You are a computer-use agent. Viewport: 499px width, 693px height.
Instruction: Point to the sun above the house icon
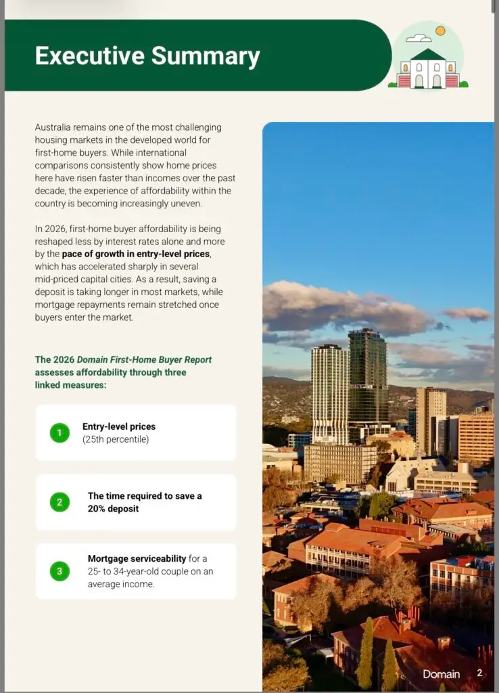click(x=441, y=30)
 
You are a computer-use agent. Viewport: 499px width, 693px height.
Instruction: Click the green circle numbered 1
click(x=60, y=432)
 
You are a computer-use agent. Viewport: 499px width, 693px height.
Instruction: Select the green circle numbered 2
click(x=60, y=502)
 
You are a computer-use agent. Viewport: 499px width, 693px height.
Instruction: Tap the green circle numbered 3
click(x=60, y=571)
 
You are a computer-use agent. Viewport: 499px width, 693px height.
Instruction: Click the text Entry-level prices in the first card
click(x=119, y=426)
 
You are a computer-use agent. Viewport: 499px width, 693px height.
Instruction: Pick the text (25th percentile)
click(x=116, y=439)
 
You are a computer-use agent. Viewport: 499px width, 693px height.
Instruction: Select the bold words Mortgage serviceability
click(x=137, y=558)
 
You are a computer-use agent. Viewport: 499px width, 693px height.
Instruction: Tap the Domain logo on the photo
click(x=441, y=674)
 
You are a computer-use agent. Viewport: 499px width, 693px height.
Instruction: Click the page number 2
click(x=479, y=673)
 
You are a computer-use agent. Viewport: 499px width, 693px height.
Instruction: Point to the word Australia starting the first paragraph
click(x=53, y=127)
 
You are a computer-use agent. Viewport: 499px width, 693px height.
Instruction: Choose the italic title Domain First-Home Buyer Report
click(x=144, y=359)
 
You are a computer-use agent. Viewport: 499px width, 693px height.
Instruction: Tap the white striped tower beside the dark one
click(x=330, y=393)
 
